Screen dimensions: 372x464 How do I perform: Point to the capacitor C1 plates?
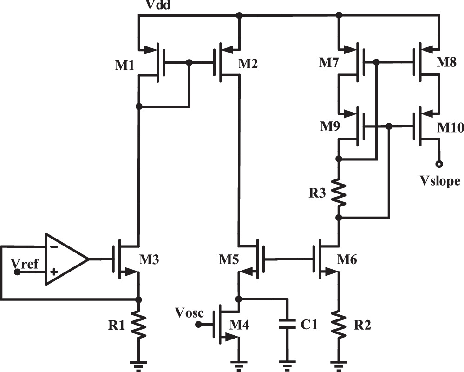click(288, 324)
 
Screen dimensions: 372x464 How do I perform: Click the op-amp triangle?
click(65, 259)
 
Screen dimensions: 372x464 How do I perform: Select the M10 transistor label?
click(450, 128)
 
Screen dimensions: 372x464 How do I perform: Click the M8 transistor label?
click(447, 63)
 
